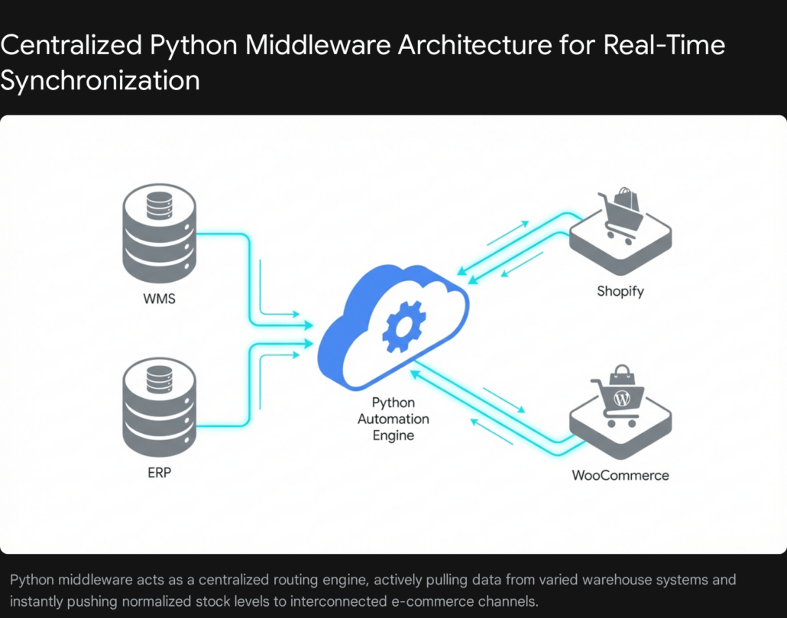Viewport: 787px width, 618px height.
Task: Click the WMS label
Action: (159, 299)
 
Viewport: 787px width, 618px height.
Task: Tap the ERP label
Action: (159, 473)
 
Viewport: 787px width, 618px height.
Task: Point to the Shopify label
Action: (620, 291)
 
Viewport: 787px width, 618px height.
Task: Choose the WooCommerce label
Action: (620, 475)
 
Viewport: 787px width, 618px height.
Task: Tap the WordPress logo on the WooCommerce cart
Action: (621, 398)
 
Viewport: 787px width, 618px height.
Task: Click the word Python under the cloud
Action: (393, 403)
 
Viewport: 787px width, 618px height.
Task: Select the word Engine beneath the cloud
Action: (393, 435)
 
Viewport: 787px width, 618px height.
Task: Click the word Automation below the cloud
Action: (393, 419)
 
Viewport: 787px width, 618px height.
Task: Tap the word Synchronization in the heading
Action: (99, 79)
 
